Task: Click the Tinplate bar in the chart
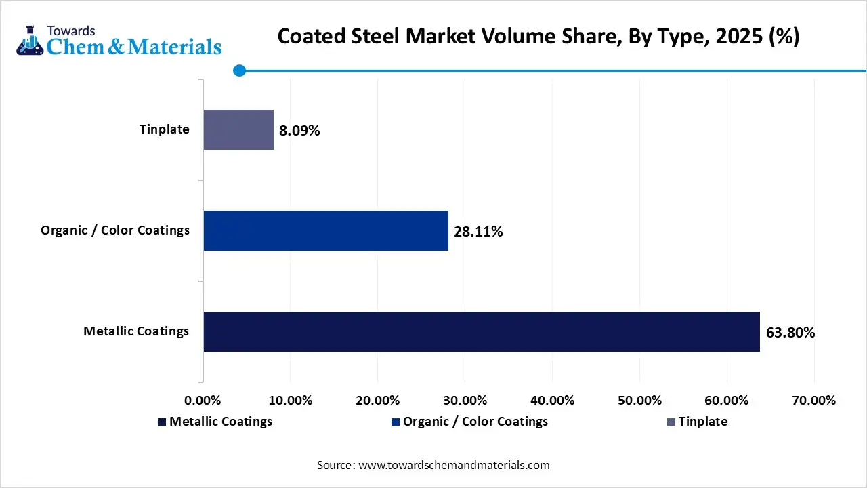pyautogui.click(x=238, y=129)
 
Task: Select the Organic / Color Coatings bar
pyautogui.click(x=326, y=230)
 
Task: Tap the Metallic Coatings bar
pyautogui.click(x=481, y=331)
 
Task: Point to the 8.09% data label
pyautogui.click(x=299, y=130)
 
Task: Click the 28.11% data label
pyautogui.click(x=478, y=232)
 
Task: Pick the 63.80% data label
pyautogui.click(x=790, y=333)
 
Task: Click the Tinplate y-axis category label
pyautogui.click(x=165, y=129)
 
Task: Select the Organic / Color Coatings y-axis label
pyautogui.click(x=115, y=230)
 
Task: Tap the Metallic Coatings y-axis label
pyautogui.click(x=136, y=331)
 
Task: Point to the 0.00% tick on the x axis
pyautogui.click(x=203, y=400)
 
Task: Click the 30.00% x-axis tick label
pyautogui.click(x=465, y=400)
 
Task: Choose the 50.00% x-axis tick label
pyautogui.click(x=639, y=400)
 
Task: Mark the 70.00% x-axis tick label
pyautogui.click(x=813, y=400)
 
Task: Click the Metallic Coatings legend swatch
pyautogui.click(x=162, y=422)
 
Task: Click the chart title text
pyautogui.click(x=538, y=37)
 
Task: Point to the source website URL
pyautogui.click(x=454, y=465)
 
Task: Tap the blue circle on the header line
pyautogui.click(x=239, y=70)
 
